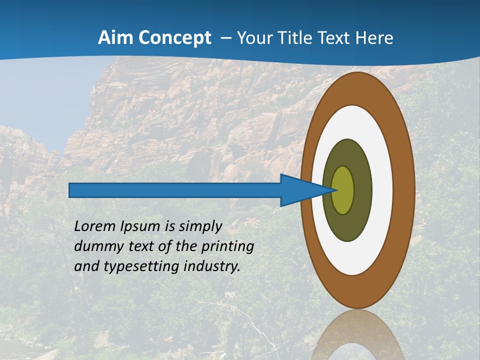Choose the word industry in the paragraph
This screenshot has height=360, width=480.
[x=211, y=266]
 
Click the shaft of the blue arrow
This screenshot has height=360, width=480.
[x=175, y=190]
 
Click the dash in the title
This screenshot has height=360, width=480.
[x=225, y=38]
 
